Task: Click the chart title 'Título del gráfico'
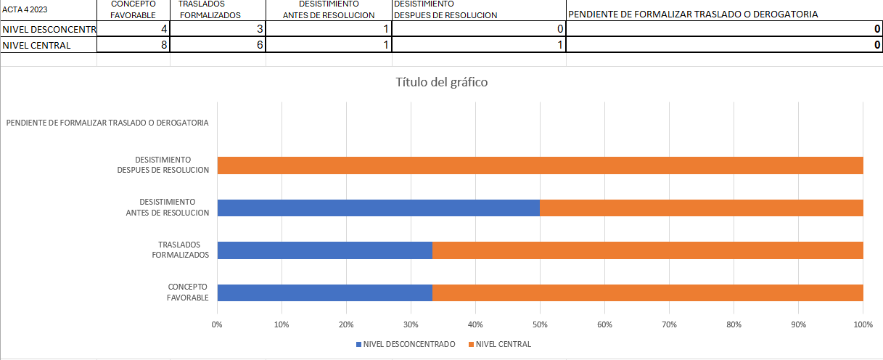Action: coord(441,82)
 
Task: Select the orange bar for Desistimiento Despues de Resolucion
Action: coord(540,165)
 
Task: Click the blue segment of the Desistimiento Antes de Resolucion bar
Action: coord(378,208)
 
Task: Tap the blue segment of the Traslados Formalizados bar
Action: coord(324,250)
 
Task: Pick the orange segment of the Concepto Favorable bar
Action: coord(647,292)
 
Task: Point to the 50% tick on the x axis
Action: coord(540,324)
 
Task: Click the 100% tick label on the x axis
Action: coord(863,324)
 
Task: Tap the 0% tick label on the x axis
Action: coord(217,324)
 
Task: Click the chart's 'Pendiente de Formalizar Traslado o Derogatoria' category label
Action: coord(107,123)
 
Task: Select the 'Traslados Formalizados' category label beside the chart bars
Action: coord(181,250)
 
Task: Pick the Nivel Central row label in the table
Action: coord(37,45)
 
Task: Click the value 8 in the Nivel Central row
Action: coord(163,45)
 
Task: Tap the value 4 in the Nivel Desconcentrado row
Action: coord(163,29)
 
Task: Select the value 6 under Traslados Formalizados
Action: coord(259,45)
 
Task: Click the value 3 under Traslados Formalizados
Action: coord(259,29)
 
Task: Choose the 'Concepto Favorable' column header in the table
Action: coord(138,9)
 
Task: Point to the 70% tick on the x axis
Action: coord(669,324)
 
